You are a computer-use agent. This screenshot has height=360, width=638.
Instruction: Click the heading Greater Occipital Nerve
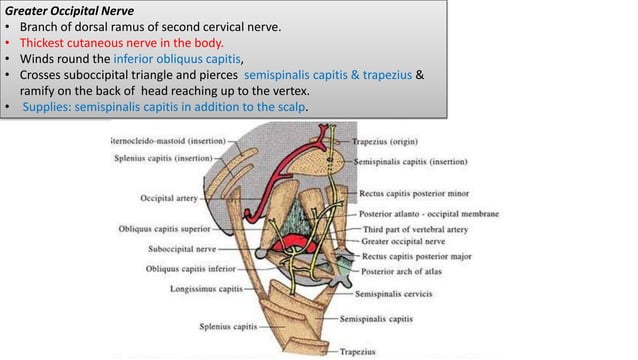point(62,10)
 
